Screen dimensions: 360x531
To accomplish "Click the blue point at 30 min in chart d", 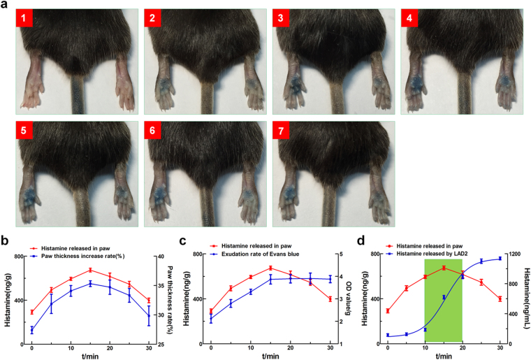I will click(x=500, y=259).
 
